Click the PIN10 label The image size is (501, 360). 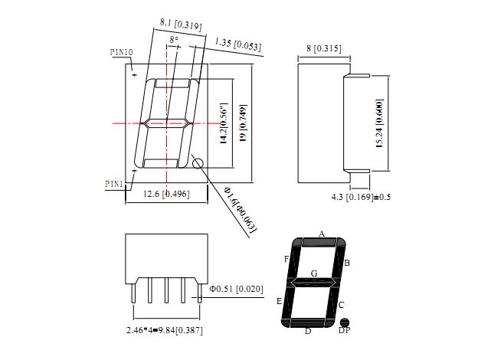tap(121, 52)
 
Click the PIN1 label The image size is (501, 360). tap(114, 184)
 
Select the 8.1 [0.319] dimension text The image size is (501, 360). tap(181, 25)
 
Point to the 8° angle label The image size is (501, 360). tap(174, 40)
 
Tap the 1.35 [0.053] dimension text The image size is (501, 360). tap(237, 44)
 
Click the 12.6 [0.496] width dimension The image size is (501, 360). tap(166, 194)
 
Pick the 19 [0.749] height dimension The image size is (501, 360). tap(243, 123)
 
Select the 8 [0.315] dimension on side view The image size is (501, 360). tap(324, 48)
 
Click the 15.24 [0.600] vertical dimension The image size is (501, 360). tap(379, 123)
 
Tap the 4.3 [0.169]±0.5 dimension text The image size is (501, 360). tap(361, 197)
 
